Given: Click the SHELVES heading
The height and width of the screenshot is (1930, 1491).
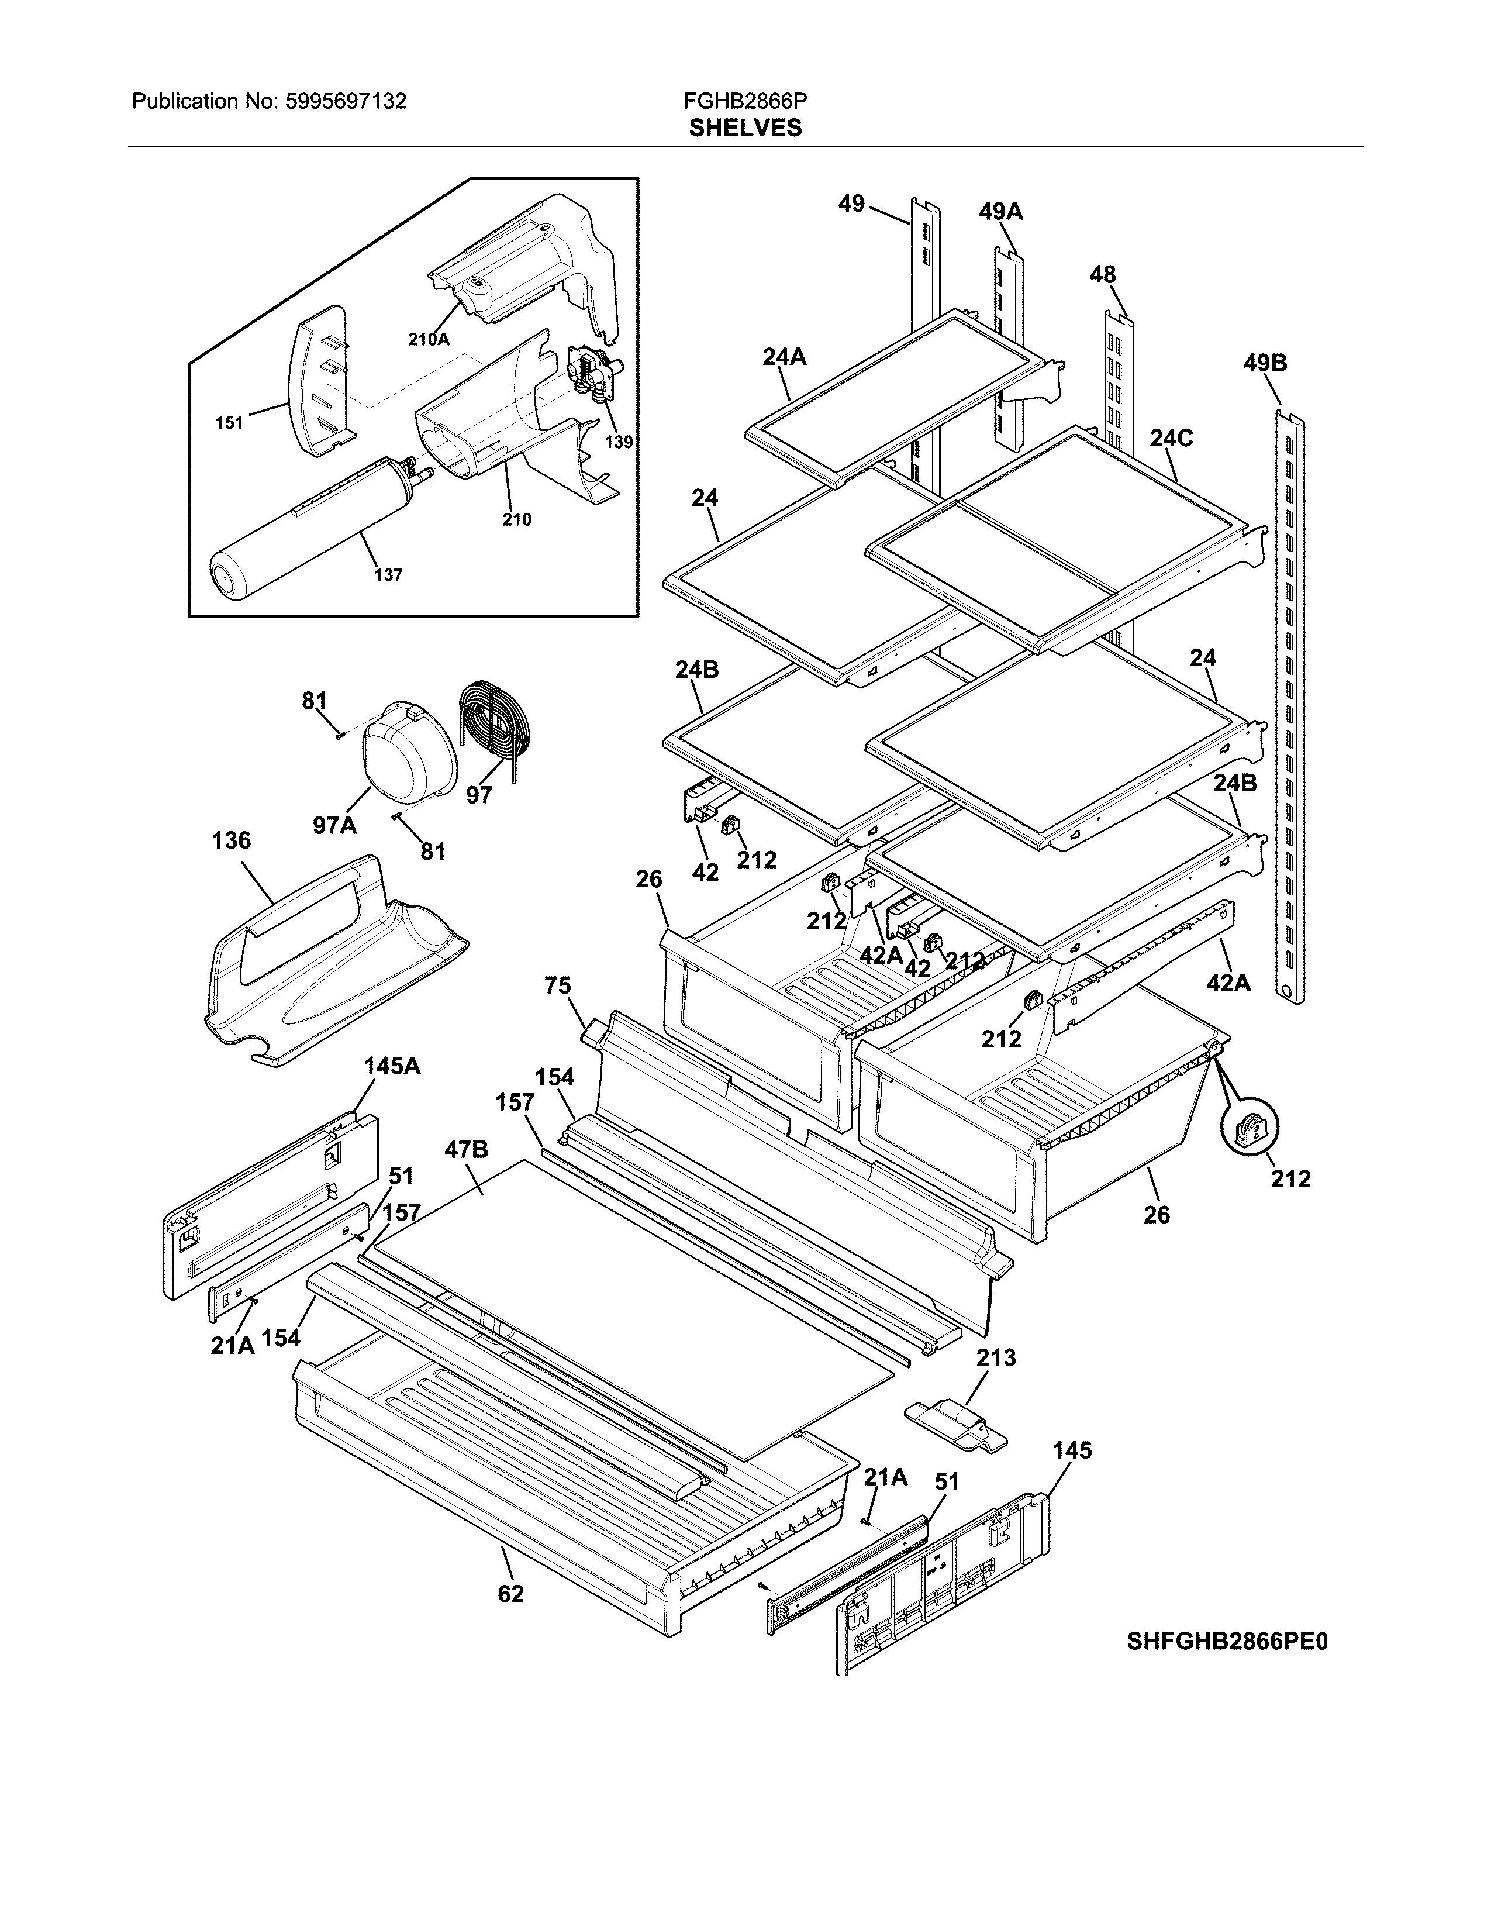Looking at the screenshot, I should tap(744, 128).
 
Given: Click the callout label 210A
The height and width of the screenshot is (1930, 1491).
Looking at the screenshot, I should tap(429, 339).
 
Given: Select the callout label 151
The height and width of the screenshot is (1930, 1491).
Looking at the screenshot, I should tap(230, 423).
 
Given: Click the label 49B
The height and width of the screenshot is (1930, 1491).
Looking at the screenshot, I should tap(1265, 363).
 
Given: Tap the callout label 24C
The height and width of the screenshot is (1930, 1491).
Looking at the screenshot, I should tap(1171, 437).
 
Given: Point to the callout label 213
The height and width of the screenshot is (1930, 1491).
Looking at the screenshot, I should tap(996, 1357).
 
